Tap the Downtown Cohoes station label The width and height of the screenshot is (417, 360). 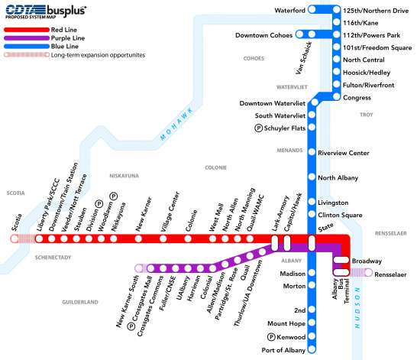click(264, 34)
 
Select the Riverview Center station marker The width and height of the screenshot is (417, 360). click(312, 153)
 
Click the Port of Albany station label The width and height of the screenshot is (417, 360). click(283, 349)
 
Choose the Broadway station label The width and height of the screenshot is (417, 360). click(367, 261)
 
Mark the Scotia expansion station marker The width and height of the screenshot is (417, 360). click(17, 239)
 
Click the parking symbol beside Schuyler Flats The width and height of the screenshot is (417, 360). click(258, 128)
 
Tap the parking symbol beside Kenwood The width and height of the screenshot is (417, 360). click(270, 337)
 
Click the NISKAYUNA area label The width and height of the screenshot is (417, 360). click(122, 176)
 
